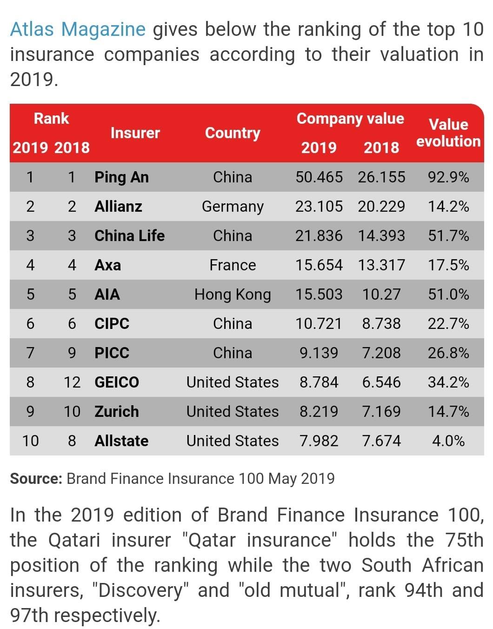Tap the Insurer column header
tap(135, 133)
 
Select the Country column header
tap(233, 134)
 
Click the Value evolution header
tap(448, 133)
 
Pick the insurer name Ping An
tap(121, 177)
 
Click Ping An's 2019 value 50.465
tap(319, 177)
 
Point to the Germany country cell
tap(233, 207)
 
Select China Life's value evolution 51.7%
tap(448, 235)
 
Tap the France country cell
tap(233, 265)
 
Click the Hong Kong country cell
tap(233, 294)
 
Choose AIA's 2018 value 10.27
tap(381, 294)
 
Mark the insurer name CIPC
tap(112, 324)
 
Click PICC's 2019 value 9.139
tap(319, 353)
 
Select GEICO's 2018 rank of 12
tap(72, 382)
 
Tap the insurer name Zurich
tap(117, 412)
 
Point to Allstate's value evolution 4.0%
tap(448, 441)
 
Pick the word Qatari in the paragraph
tap(74, 540)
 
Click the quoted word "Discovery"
tap(140, 590)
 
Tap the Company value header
tap(350, 119)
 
